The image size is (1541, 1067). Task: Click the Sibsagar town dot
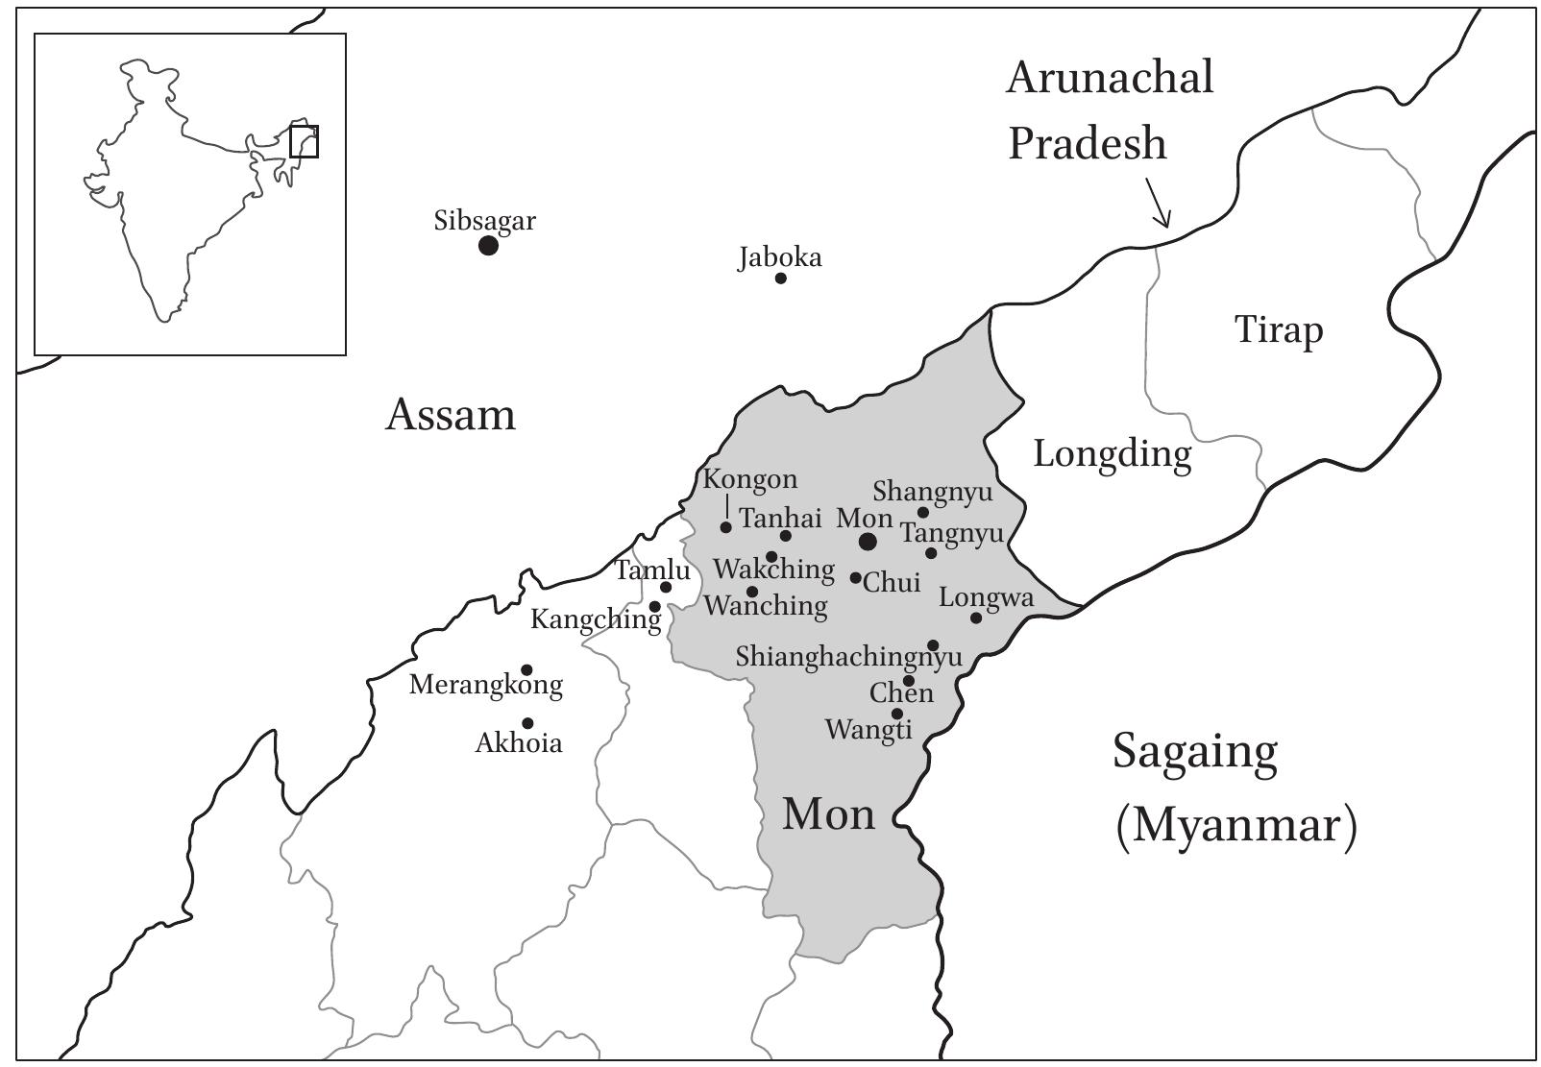pyautogui.click(x=488, y=245)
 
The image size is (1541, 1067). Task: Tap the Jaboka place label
pyautogui.click(x=780, y=257)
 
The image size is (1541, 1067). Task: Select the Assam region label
pyautogui.click(x=451, y=415)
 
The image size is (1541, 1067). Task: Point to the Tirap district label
pyautogui.click(x=1279, y=329)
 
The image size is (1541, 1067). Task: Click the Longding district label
pyautogui.click(x=1113, y=452)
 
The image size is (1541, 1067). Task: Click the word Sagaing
pyautogui.click(x=1195, y=751)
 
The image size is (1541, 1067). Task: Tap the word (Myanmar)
pyautogui.click(x=1236, y=825)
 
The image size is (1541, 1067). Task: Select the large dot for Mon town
pyautogui.click(x=868, y=542)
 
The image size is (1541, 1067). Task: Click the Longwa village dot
pyautogui.click(x=976, y=618)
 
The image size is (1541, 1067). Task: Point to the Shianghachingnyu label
pyautogui.click(x=848, y=657)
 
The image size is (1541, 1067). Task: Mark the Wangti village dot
pyautogui.click(x=897, y=714)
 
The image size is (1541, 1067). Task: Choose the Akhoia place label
pyautogui.click(x=519, y=743)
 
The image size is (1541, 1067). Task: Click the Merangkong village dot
pyautogui.click(x=526, y=669)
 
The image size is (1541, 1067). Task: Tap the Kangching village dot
pyautogui.click(x=655, y=606)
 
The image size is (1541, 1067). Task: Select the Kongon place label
pyautogui.click(x=750, y=478)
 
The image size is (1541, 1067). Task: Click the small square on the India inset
pyautogui.click(x=304, y=141)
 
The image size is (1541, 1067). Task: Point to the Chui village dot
pyautogui.click(x=856, y=577)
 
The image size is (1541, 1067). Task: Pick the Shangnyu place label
pyautogui.click(x=932, y=492)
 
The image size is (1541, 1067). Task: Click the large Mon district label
pyautogui.click(x=829, y=814)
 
